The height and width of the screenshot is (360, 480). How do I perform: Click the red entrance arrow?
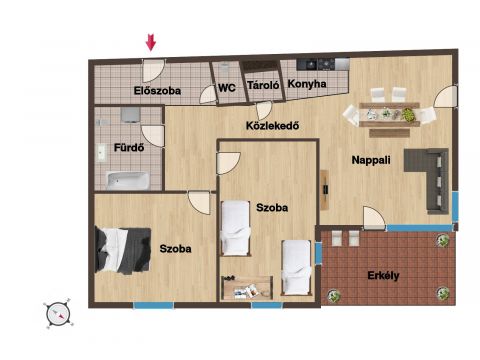tap(151, 42)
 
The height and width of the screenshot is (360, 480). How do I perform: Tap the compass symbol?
tap(58, 314)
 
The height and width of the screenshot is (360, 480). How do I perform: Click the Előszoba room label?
tap(157, 91)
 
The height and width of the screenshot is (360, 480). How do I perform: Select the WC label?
tap(227, 88)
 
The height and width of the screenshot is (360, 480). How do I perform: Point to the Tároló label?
tap(263, 85)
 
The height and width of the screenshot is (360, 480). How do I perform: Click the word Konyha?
tap(307, 84)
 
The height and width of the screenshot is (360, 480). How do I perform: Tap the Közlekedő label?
tap(272, 126)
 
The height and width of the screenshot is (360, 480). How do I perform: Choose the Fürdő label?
tap(129, 147)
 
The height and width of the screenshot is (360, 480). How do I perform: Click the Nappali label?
tap(371, 160)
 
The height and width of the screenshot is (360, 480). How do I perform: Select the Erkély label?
tap(383, 276)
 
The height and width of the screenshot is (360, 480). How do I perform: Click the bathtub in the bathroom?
tap(127, 181)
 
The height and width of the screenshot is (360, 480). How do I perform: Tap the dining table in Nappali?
tap(389, 115)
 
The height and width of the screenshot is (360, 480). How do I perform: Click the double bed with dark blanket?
tap(123, 250)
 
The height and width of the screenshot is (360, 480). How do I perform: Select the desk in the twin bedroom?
tap(247, 288)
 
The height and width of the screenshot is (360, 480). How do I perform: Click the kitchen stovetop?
tap(316, 64)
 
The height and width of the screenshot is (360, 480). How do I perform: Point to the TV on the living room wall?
tap(325, 190)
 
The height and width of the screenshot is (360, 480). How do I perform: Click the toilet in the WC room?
tap(224, 69)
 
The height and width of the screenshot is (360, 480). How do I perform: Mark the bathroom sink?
tap(101, 153)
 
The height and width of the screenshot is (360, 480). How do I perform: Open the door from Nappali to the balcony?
tap(374, 218)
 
